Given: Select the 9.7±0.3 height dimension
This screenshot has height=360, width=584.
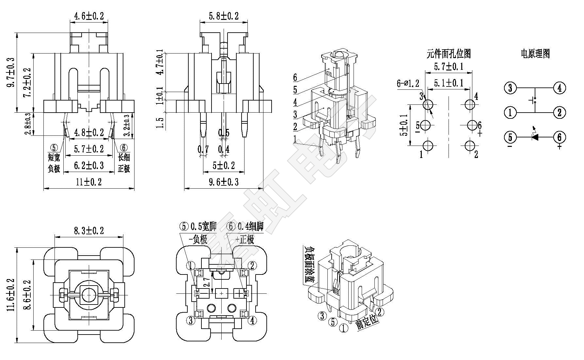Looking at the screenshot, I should [x=11, y=72].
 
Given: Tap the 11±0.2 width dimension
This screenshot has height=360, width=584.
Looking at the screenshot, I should [x=89, y=182].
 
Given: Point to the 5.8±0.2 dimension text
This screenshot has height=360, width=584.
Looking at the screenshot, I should [x=224, y=16].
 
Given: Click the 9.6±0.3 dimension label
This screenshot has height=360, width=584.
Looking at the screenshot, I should [x=224, y=182].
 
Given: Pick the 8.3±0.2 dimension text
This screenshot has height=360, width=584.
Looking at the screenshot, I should [x=89, y=231].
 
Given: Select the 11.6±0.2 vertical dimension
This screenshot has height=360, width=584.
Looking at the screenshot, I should [x=11, y=295].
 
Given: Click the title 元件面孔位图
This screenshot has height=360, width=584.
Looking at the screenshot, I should [x=449, y=54].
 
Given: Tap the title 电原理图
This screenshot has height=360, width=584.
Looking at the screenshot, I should [x=535, y=54].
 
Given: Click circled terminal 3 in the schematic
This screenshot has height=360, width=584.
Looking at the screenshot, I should [x=510, y=88].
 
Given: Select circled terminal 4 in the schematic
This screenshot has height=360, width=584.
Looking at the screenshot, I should [x=559, y=88].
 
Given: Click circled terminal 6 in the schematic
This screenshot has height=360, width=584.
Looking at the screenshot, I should [x=559, y=137].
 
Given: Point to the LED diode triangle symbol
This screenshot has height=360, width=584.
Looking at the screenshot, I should [x=535, y=137].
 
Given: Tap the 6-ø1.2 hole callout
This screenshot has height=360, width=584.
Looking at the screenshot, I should [x=408, y=84].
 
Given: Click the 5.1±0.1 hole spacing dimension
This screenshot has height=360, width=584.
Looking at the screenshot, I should [x=449, y=83].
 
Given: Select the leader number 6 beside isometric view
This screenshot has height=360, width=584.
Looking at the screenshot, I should [x=295, y=77].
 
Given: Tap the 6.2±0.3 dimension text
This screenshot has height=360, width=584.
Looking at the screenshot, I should [x=89, y=165].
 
